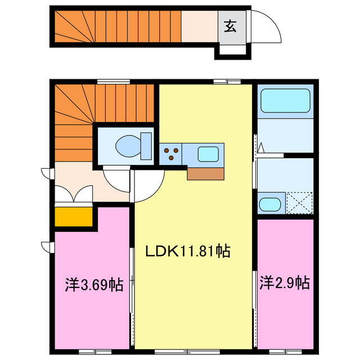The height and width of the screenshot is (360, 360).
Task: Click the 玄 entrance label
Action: [x=231, y=25]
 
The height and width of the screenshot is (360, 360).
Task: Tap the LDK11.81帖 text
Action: [x=188, y=251]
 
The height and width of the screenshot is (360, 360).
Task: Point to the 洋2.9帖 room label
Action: [x=285, y=282]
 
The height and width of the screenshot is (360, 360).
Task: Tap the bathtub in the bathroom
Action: [x=286, y=102]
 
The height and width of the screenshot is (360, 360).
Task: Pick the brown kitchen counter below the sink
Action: [x=206, y=173]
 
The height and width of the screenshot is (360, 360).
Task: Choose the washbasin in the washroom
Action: [x=270, y=204]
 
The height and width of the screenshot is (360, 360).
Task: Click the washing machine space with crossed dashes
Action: [x=298, y=202]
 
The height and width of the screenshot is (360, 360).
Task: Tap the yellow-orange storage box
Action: [x=74, y=217]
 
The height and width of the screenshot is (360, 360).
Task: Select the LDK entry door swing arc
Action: [x=148, y=185]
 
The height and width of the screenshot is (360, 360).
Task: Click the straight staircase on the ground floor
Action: [x=118, y=25]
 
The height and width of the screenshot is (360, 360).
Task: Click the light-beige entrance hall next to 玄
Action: [x=199, y=25]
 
